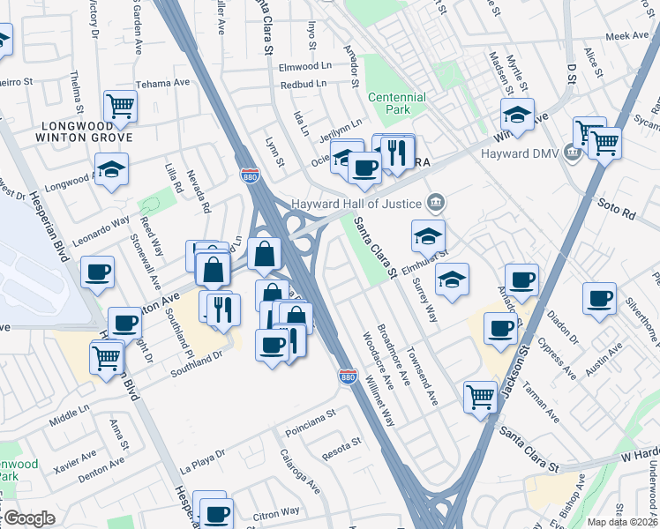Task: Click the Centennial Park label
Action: (x=395, y=104)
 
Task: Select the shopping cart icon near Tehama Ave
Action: (x=120, y=107)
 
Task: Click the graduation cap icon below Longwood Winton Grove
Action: (x=112, y=169)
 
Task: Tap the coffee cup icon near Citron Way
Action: (x=215, y=513)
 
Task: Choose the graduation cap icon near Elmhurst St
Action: (x=428, y=236)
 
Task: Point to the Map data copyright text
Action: (x=623, y=522)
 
